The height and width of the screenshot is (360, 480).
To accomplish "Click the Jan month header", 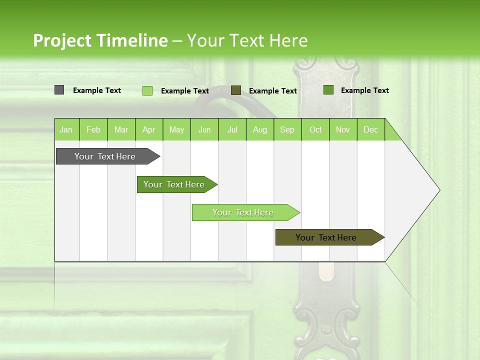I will pos(66,130).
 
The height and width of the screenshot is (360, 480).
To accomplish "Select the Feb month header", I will pos(93,130).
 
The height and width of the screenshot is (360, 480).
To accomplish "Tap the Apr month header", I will pos(148,130).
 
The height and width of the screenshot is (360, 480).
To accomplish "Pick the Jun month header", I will pos(204,130).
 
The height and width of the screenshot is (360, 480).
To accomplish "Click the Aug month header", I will pos(259,130).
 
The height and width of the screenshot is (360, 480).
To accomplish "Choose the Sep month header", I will pos(287,130).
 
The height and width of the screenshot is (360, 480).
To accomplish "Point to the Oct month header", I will pos(315,130).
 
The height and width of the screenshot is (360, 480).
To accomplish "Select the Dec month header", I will pos(370,130).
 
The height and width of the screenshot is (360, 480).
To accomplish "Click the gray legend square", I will pos(59,90).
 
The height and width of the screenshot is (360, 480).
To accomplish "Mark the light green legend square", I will pos(147,90).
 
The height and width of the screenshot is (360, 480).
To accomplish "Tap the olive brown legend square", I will pos(236,90).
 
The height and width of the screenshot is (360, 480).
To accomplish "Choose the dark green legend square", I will pos(328,90).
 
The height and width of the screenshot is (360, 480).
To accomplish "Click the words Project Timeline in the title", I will pos(100,40).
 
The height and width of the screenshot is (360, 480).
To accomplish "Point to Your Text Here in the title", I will pos(247,40).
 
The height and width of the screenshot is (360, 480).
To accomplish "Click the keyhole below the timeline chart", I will pos(325,271).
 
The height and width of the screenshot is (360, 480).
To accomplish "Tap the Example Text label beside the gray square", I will pos(97,90).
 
